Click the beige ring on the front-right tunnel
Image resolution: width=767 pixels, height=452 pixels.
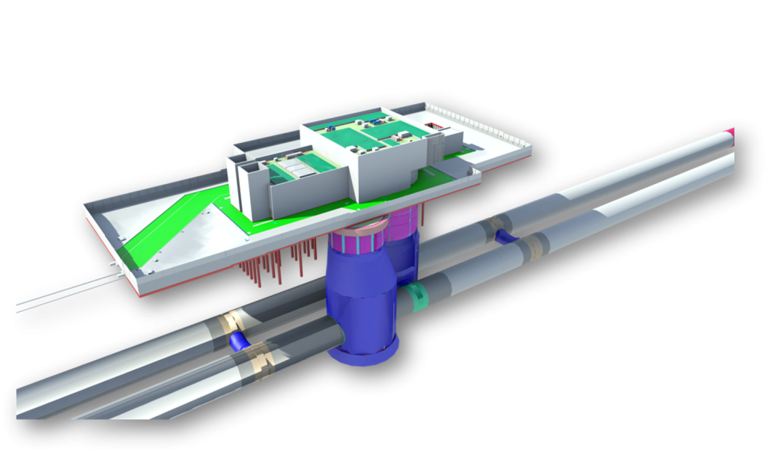click(533, 248)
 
